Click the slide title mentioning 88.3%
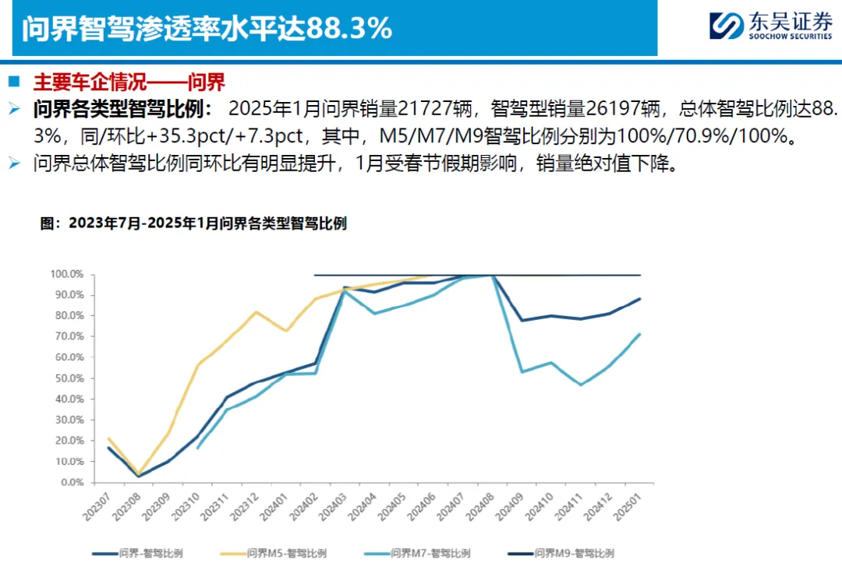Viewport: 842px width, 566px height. [206, 29]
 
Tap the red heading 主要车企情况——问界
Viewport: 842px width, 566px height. [129, 82]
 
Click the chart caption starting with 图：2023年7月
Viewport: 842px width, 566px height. [193, 223]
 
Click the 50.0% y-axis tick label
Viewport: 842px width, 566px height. [69, 378]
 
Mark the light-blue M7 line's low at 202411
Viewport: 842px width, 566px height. [581, 385]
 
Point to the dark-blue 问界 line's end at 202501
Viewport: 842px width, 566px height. [640, 298]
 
